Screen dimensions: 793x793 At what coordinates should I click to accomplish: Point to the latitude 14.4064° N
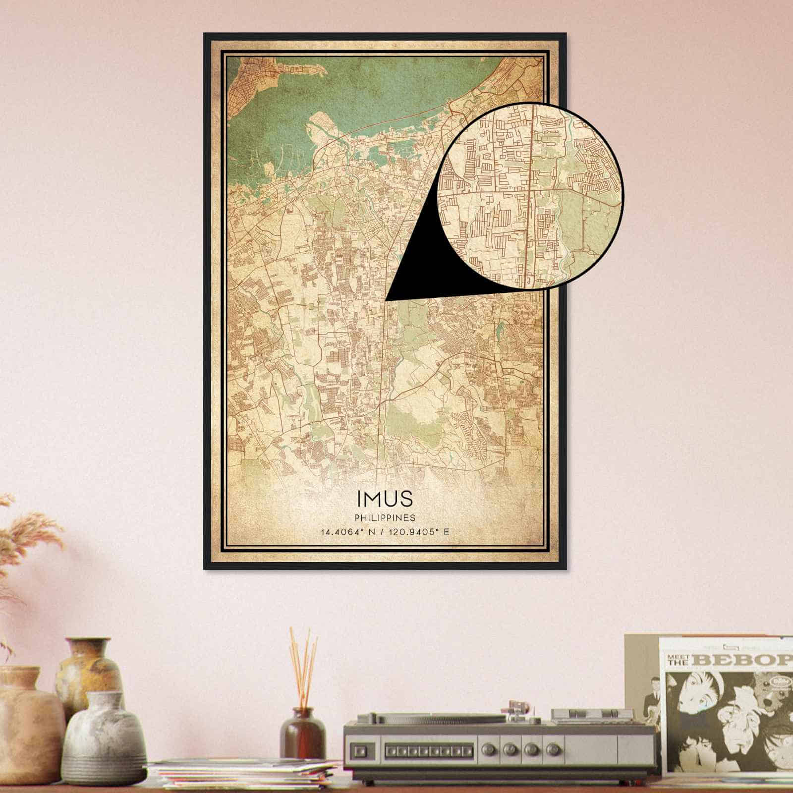pyautogui.click(x=349, y=532)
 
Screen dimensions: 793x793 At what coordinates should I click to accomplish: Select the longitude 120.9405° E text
pyautogui.click(x=419, y=532)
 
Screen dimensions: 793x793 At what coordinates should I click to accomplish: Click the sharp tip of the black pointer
pyautogui.click(x=387, y=299)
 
